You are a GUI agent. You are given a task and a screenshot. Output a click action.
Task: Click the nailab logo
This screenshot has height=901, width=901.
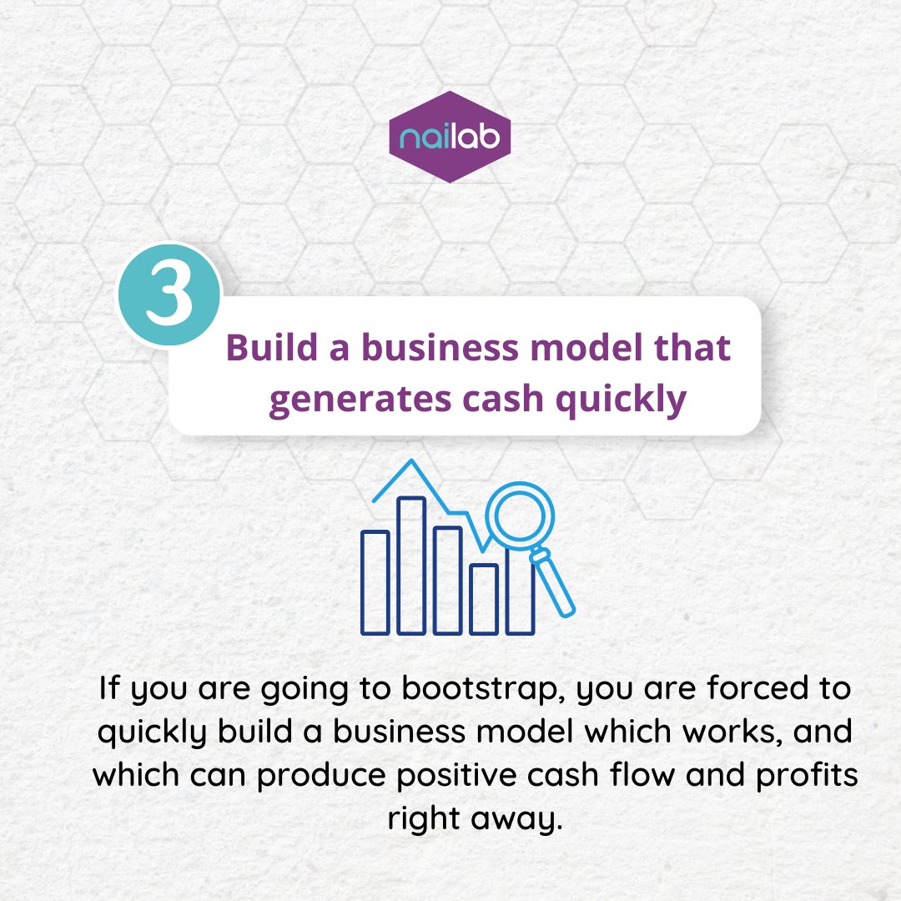[x=450, y=137]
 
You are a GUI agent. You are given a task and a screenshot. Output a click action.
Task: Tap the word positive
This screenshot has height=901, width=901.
[x=507, y=774]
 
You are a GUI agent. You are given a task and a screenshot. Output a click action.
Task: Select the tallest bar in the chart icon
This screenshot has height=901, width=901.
[x=411, y=565]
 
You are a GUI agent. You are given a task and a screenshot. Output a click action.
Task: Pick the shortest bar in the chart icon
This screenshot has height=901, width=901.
[x=483, y=598]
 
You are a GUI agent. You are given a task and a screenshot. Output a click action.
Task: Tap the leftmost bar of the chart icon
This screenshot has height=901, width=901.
[x=375, y=581]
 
